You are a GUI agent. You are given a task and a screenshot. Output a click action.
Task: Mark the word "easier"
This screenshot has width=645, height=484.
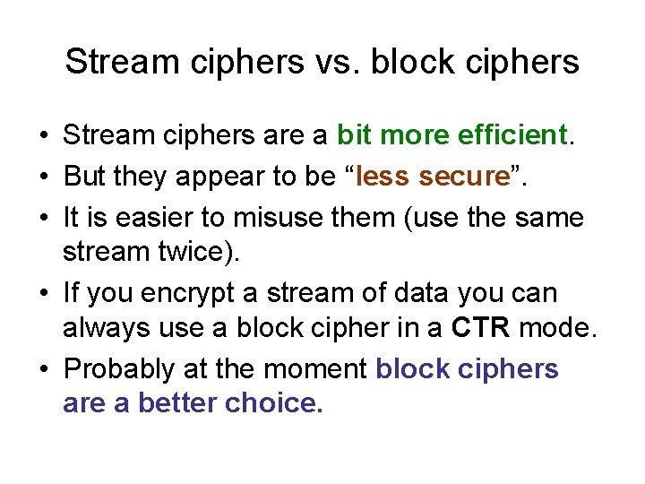(150, 217)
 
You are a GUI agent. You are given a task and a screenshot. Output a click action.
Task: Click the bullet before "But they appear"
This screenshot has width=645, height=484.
(43, 177)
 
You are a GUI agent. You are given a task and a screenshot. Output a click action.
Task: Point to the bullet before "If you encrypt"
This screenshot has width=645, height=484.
(43, 294)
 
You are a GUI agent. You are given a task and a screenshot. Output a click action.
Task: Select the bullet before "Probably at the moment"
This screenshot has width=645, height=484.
(43, 369)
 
